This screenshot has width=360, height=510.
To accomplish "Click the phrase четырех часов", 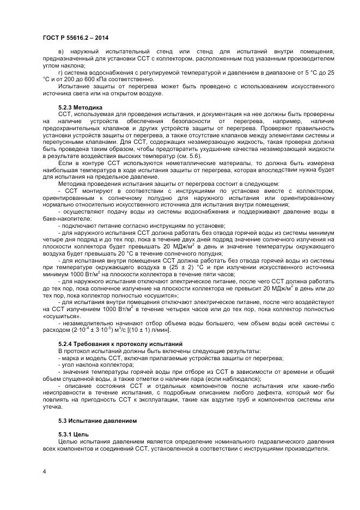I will [x=173, y=309].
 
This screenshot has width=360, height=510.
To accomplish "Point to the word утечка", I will [x=53, y=406].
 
